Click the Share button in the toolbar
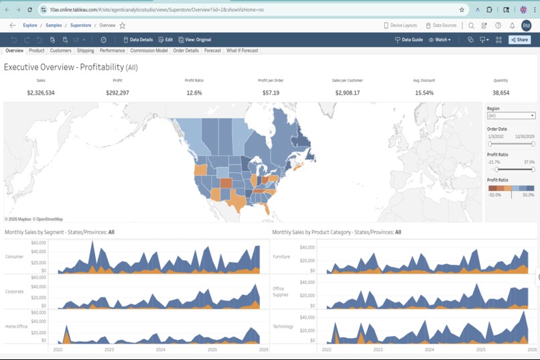(x=520, y=40)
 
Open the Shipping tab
(x=85, y=50)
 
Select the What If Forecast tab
(x=242, y=50)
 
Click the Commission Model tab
(x=149, y=50)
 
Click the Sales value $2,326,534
(x=41, y=93)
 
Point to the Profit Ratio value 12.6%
(x=194, y=93)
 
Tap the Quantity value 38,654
(x=500, y=93)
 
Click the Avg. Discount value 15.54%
(x=423, y=93)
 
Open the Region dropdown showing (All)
(x=511, y=115)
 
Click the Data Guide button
(x=409, y=40)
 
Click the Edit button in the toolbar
(x=165, y=40)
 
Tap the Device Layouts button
(x=400, y=25)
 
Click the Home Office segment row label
(x=15, y=326)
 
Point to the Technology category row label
(x=283, y=326)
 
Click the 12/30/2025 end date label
(x=523, y=136)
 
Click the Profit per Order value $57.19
(x=271, y=93)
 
